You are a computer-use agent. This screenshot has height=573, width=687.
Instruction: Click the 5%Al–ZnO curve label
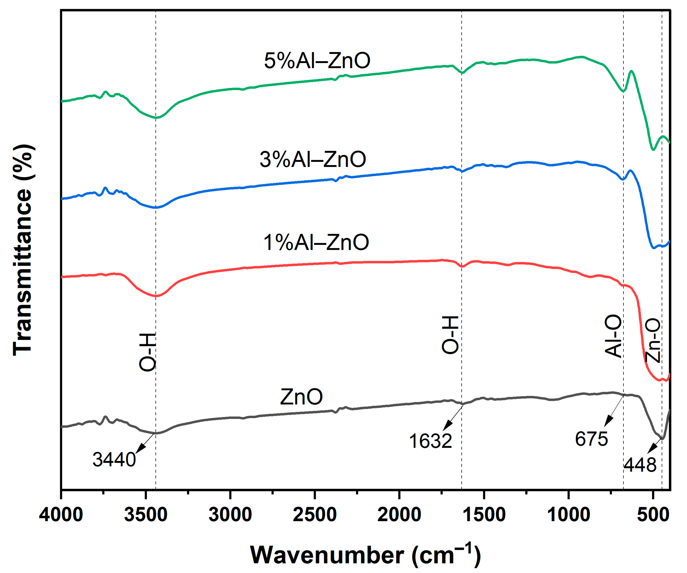tap(317, 61)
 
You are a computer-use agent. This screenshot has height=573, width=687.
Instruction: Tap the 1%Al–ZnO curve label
tap(316, 243)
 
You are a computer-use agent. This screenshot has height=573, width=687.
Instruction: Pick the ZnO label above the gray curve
tap(301, 397)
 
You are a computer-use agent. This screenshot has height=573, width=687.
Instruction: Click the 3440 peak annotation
tap(114, 460)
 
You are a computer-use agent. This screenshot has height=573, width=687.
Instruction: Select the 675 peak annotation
tap(592, 439)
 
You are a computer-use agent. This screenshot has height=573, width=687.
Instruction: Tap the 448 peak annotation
tap(640, 465)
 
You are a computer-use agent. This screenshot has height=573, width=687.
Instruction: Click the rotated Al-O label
tap(613, 336)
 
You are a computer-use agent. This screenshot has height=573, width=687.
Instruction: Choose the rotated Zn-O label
tap(653, 340)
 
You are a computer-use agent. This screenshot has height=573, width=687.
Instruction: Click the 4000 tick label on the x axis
tap(61, 514)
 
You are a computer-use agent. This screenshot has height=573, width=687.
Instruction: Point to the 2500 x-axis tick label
tap(315, 514)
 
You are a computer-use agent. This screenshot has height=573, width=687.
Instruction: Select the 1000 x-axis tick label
tap(569, 514)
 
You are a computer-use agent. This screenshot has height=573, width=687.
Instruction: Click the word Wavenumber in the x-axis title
tap(327, 555)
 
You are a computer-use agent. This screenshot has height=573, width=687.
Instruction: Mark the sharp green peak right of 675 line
tap(631, 71)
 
